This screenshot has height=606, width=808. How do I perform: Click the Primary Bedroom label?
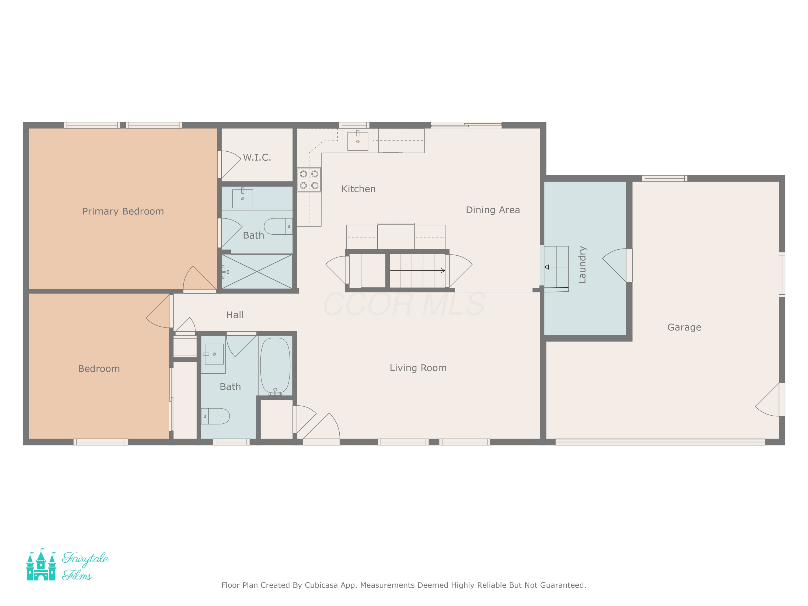pyautogui.click(x=123, y=211)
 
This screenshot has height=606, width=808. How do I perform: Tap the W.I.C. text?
pyautogui.click(x=257, y=158)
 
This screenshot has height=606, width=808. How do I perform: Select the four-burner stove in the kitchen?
pyautogui.click(x=309, y=180)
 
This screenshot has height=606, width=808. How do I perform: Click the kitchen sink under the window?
pyautogui.click(x=358, y=141)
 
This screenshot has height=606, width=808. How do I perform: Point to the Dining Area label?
pyautogui.click(x=493, y=210)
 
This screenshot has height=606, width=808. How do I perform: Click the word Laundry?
pyautogui.click(x=582, y=265)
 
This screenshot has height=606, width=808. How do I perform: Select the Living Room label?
pyautogui.click(x=418, y=368)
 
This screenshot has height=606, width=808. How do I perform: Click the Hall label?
pyautogui.click(x=235, y=315)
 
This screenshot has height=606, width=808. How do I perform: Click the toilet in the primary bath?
pyautogui.click(x=278, y=227)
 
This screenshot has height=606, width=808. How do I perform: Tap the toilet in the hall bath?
pyautogui.click(x=215, y=416)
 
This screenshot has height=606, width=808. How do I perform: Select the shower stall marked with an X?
pyautogui.click(x=257, y=271)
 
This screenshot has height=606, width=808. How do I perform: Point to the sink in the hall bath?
pyautogui.click(x=214, y=354)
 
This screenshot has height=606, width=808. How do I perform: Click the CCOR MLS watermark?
pyautogui.click(x=404, y=304)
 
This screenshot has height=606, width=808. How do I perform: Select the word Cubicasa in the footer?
pyautogui.click(x=321, y=585)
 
